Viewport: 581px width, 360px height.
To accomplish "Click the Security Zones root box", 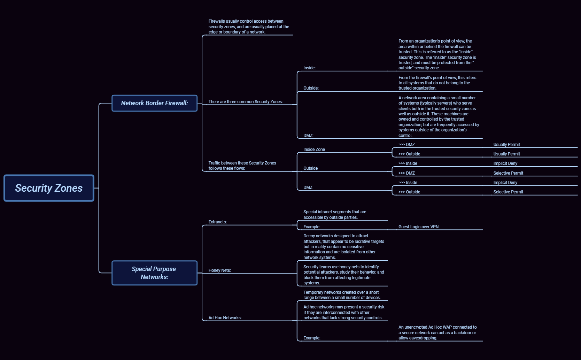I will click(x=49, y=188).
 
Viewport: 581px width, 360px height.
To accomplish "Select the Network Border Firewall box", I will click(x=154, y=103).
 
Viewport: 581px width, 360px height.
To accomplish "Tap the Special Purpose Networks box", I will click(x=154, y=273).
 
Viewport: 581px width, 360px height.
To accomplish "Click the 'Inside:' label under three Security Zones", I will click(x=309, y=68).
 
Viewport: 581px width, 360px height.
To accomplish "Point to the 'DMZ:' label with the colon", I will click(x=308, y=136).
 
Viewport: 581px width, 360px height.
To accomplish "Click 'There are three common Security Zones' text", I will click(x=246, y=102).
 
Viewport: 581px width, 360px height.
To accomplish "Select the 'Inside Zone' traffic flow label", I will click(x=314, y=150).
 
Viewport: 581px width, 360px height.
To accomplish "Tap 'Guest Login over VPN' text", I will click(x=418, y=227).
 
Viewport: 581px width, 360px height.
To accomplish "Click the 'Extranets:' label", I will click(x=217, y=222).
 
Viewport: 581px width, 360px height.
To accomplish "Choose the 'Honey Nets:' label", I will click(x=219, y=270).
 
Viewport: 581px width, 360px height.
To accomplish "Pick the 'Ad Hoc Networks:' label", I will click(x=225, y=318).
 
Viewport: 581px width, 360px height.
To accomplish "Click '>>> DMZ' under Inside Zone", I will click(x=406, y=145).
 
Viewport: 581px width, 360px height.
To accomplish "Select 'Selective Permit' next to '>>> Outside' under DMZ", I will click(x=508, y=192).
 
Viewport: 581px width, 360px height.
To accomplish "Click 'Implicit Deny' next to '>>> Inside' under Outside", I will click(x=505, y=163).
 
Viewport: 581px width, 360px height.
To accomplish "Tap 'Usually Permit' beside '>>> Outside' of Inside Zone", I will click(x=506, y=154).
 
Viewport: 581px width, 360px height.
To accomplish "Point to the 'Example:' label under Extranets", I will click(x=312, y=227).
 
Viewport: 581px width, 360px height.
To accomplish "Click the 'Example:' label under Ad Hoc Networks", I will click(x=312, y=338).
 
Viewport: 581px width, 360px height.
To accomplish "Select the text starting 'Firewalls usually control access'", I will click(x=248, y=27).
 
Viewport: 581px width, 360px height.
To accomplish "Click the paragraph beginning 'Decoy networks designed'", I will click(x=343, y=247).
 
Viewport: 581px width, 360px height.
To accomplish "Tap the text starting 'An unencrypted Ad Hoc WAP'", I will click(x=437, y=332).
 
